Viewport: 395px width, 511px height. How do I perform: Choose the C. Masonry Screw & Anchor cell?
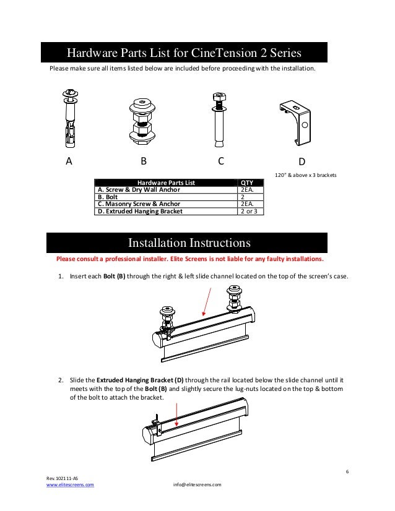pos(139,204)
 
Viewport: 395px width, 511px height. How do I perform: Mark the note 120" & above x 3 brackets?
pos(306,175)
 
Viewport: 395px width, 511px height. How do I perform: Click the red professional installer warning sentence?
pos(189,259)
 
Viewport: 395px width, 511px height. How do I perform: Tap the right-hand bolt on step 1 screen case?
pos(233,300)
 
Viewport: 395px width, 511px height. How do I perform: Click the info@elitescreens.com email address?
pos(197,484)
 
